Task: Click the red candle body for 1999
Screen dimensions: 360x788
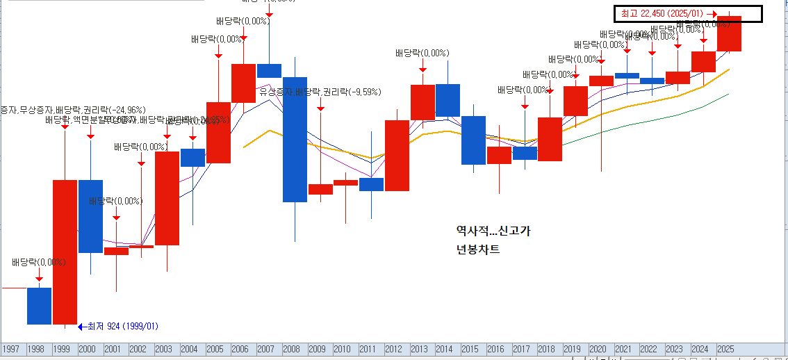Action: pos(65,252)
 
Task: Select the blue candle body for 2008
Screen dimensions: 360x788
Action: pos(295,139)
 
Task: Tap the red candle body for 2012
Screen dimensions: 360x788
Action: pos(397,156)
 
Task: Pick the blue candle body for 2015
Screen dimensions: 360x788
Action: pos(473,140)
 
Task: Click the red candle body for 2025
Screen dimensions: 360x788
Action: pos(729,33)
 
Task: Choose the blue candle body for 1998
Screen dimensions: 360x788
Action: pos(39,306)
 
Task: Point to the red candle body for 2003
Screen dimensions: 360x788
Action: pos(167,198)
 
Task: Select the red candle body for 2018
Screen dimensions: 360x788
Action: pos(550,139)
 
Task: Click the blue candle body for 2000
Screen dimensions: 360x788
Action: pos(90,216)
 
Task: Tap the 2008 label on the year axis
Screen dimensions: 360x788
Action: pos(291,348)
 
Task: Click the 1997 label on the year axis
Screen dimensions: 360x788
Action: pos(10,348)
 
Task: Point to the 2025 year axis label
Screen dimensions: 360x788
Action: pos(725,348)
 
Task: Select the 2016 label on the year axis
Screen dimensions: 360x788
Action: pos(495,348)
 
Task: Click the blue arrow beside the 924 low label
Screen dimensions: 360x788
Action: pos(81,326)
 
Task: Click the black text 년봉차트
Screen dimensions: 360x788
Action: pos(477,249)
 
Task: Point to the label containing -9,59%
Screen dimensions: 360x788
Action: pos(320,92)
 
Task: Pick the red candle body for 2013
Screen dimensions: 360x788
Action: pos(422,102)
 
